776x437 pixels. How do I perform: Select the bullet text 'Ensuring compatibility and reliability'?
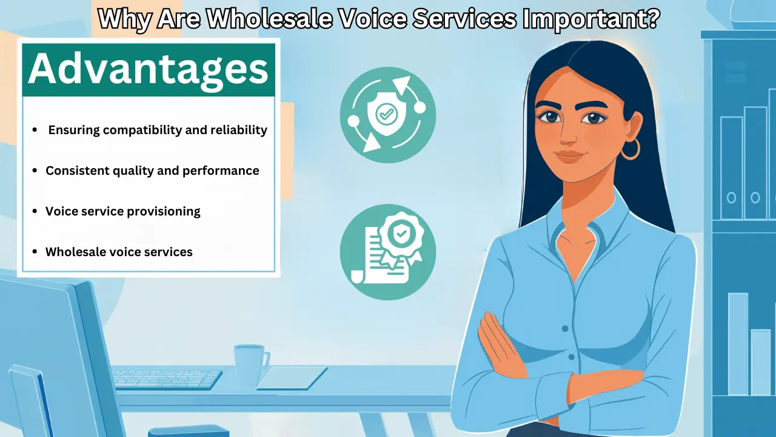point(158,130)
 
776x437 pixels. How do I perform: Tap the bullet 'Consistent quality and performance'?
point(152,171)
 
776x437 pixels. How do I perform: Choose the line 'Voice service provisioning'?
point(123,211)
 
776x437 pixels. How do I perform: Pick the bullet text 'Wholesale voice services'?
point(119,251)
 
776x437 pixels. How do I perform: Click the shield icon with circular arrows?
point(387,114)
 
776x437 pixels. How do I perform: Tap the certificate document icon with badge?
point(387,252)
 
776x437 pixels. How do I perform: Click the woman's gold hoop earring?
point(630,149)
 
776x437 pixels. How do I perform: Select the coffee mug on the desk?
point(249,364)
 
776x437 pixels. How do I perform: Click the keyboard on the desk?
point(167,379)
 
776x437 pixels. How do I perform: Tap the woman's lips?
point(569,156)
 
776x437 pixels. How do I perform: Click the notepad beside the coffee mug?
point(292,378)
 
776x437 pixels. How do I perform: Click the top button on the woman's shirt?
point(565,328)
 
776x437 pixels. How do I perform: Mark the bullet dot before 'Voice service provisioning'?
point(35,211)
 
